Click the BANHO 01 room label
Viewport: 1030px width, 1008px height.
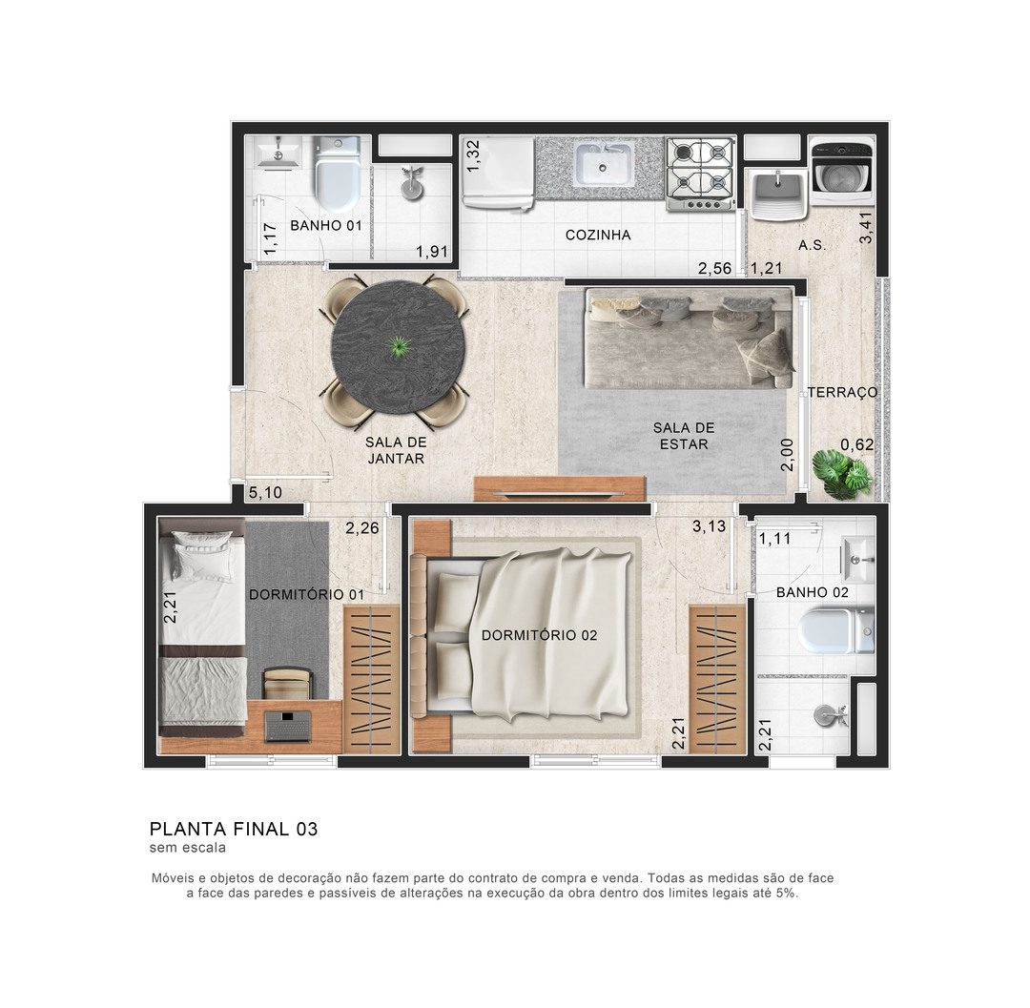tap(326, 225)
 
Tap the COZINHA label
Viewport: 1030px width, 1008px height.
tap(598, 235)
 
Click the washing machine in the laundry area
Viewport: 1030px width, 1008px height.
tap(841, 170)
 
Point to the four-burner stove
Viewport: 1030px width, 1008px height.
tap(700, 174)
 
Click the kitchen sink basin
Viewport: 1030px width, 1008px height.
tap(604, 164)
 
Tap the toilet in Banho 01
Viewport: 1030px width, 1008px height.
tap(337, 173)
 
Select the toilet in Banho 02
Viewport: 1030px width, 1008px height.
tap(836, 630)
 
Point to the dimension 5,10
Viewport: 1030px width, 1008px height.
tap(265, 492)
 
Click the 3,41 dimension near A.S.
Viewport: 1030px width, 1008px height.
tap(866, 227)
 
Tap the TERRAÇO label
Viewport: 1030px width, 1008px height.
tap(843, 392)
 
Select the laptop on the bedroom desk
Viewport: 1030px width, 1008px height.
tap(288, 727)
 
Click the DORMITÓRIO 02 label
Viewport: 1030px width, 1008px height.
tap(539, 635)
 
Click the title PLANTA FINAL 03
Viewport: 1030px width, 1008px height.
tap(234, 829)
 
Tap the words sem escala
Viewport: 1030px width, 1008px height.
tap(188, 847)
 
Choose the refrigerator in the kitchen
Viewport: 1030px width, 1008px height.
tap(497, 173)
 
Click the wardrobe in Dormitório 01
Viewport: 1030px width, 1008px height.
tap(372, 679)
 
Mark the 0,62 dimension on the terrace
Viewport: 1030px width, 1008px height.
tap(857, 444)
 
